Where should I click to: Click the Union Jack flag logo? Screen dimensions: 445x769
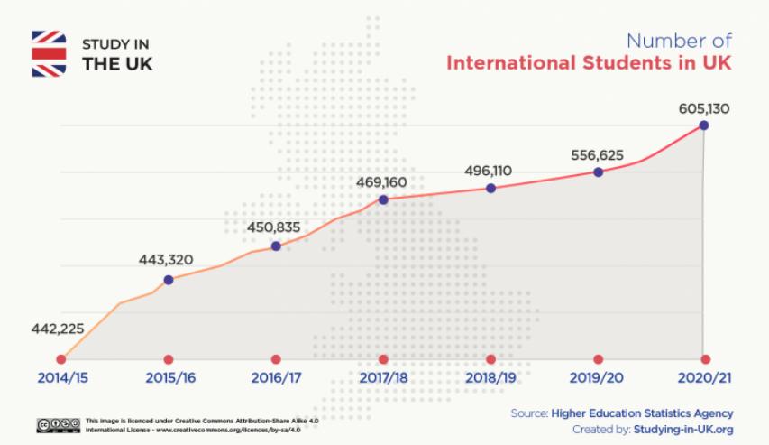click(49, 54)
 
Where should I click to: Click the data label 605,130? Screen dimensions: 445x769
click(703, 109)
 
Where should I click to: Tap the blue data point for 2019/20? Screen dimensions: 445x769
click(598, 171)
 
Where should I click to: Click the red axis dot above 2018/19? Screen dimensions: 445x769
click(490, 359)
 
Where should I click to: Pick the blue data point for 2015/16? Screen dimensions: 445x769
click(169, 279)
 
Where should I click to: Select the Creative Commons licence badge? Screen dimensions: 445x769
click(58, 424)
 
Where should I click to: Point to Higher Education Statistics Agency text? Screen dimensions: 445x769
click(642, 413)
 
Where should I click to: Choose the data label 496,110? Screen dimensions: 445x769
click(490, 170)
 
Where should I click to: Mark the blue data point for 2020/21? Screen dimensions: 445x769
click(704, 125)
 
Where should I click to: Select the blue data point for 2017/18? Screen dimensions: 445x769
click(383, 199)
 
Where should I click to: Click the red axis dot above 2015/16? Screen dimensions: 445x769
click(169, 359)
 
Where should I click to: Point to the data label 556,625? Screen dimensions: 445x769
click(598, 153)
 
